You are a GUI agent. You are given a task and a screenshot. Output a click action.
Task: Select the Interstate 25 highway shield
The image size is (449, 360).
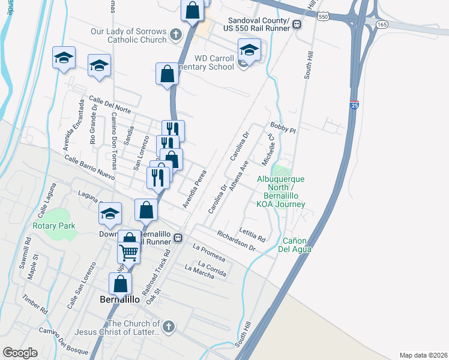(x=354, y=106)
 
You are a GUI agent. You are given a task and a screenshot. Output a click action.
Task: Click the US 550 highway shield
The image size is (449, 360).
(x=323, y=17)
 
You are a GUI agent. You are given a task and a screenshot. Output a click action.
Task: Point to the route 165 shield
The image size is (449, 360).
(x=382, y=24)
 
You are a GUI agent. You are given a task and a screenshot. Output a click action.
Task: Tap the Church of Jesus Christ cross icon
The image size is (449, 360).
(x=169, y=327)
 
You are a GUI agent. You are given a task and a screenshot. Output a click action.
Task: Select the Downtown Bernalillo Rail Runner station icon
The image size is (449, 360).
(x=178, y=238)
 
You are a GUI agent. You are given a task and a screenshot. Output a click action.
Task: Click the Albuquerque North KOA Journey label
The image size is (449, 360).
(x=281, y=191)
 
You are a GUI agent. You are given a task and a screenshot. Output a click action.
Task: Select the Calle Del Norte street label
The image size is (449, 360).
(x=110, y=104)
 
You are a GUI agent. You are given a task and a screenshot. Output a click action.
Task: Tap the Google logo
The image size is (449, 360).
(x=20, y=352)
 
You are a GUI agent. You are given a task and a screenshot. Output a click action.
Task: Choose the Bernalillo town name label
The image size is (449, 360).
(x=119, y=298)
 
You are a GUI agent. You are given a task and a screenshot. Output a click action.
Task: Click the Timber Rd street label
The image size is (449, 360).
(x=34, y=304)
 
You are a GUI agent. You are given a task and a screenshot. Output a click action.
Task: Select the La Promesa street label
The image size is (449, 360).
(x=208, y=252)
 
